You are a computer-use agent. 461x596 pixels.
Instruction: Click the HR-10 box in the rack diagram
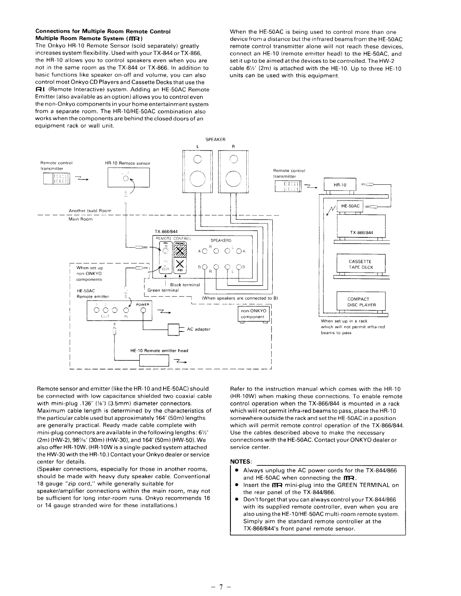(340, 185)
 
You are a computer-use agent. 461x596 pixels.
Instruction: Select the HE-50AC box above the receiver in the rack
(350, 206)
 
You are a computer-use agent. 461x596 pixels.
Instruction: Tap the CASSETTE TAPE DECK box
(360, 264)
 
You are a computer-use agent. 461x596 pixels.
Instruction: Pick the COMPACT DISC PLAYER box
(361, 302)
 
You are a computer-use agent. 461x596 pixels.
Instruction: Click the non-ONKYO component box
(253, 314)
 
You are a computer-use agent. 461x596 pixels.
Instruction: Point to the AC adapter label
(198, 329)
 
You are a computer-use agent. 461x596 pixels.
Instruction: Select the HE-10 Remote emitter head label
(159, 350)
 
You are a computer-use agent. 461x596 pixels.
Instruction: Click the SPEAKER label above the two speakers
(215, 140)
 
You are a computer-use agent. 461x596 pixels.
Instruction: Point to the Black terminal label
(185, 285)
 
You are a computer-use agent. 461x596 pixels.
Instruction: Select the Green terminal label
(163, 290)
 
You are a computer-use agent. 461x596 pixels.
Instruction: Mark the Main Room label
(80, 219)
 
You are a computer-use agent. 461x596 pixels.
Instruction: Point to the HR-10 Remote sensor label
(127, 163)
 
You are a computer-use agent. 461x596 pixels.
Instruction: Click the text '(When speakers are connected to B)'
(240, 298)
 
